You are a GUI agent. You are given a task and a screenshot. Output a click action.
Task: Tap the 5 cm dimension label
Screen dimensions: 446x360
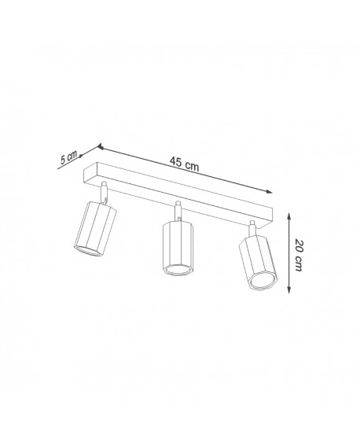tap(68, 157)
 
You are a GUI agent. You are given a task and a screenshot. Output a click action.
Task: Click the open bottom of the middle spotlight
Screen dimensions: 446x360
tap(178, 270)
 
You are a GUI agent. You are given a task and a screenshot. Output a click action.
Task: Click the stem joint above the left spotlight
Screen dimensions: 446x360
tap(104, 191)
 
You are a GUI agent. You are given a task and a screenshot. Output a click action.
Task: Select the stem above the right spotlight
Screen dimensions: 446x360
tap(252, 227)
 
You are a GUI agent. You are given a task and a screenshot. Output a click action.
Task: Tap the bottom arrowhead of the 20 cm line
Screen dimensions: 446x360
tap(292, 291)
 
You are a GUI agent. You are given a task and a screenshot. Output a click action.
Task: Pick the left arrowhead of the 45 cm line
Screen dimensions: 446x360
tap(101, 146)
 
